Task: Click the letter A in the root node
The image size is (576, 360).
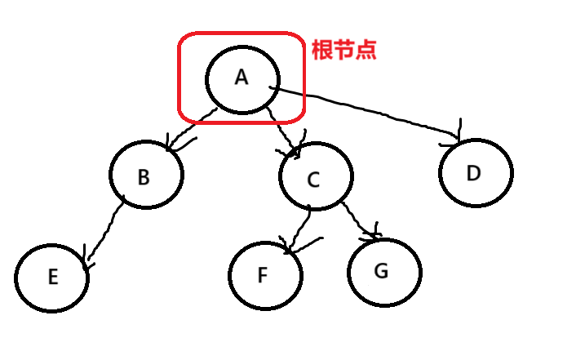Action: pyautogui.click(x=241, y=77)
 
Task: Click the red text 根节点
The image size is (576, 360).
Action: pyautogui.click(x=344, y=49)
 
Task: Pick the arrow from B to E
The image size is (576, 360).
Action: pyautogui.click(x=104, y=233)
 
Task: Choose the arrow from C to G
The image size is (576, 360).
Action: pyautogui.click(x=359, y=219)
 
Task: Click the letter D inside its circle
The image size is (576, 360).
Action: pyautogui.click(x=475, y=173)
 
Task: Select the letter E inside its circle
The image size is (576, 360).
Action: pyautogui.click(x=52, y=277)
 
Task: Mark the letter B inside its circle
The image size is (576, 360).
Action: pyautogui.click(x=144, y=177)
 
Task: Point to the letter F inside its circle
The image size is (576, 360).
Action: pyautogui.click(x=262, y=275)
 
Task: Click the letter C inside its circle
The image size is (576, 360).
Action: pyautogui.click(x=313, y=180)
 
